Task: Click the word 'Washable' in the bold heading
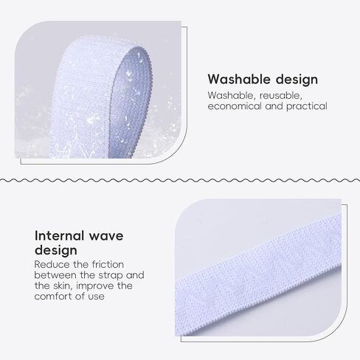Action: point(239,79)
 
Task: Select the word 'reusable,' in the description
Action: point(281,95)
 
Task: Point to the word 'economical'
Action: point(235,106)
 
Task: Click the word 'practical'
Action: point(307,106)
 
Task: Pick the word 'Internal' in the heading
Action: point(60,235)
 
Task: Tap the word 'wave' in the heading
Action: point(106,236)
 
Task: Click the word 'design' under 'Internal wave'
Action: point(56,251)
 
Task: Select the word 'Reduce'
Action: point(52,265)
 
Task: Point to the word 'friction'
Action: point(108,265)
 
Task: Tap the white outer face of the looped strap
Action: point(81,98)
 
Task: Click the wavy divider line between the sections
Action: point(180,181)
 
